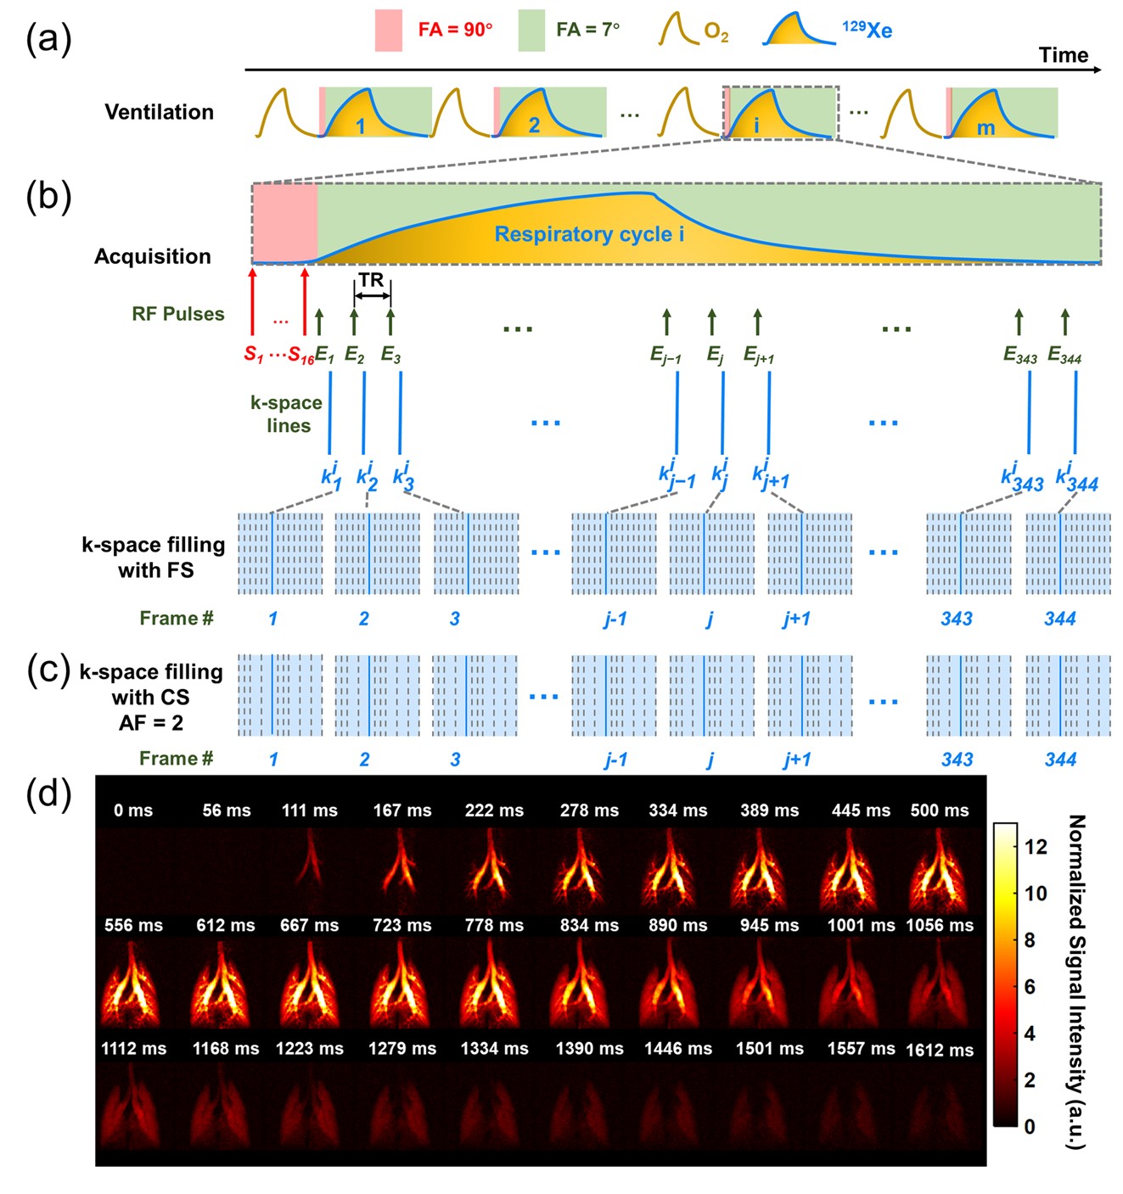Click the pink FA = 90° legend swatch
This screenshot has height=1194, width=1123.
click(389, 31)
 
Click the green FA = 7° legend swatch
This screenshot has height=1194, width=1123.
click(531, 31)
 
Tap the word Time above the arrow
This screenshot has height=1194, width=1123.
click(1063, 55)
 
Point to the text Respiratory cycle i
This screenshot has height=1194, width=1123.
click(589, 234)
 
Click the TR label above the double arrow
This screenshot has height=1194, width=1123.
click(371, 280)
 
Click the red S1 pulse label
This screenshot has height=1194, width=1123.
click(254, 355)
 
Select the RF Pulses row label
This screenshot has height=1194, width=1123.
click(178, 314)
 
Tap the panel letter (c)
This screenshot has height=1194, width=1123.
click(48, 670)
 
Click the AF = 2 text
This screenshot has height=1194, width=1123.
click(151, 723)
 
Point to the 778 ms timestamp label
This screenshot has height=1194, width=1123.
click(494, 926)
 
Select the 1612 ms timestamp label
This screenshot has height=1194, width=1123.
click(939, 1051)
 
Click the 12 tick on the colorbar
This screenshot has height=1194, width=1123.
click(1036, 846)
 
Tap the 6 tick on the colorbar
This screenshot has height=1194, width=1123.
click(1030, 986)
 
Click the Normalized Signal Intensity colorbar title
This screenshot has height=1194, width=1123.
click(1075, 981)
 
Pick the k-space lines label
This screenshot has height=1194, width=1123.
click(286, 414)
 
